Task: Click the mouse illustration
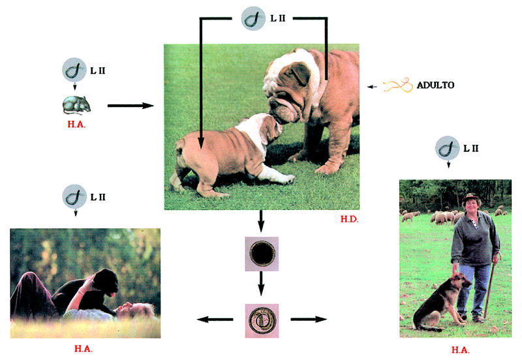click(x=76, y=104)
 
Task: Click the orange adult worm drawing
click(x=397, y=85)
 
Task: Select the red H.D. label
click(x=350, y=220)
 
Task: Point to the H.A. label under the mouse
click(x=76, y=124)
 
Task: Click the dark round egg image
click(x=261, y=254)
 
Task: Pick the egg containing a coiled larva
click(x=261, y=320)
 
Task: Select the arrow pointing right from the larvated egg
click(x=308, y=320)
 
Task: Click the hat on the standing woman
click(x=471, y=196)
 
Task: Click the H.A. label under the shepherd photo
click(x=459, y=350)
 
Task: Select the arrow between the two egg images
click(x=261, y=282)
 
